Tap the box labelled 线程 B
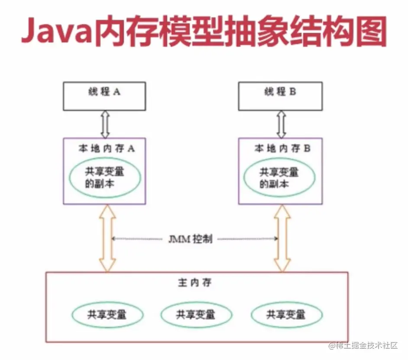point(280,96)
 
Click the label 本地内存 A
point(107,148)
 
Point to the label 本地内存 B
point(282,148)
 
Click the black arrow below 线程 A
point(104,124)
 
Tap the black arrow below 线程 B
point(282,124)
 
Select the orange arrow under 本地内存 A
point(107,238)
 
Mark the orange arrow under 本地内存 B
point(282,238)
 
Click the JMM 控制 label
point(191,239)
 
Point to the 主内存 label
point(194,283)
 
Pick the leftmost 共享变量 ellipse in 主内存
point(108,314)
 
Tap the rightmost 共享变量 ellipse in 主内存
point(286,314)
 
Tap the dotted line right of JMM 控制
point(247,238)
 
